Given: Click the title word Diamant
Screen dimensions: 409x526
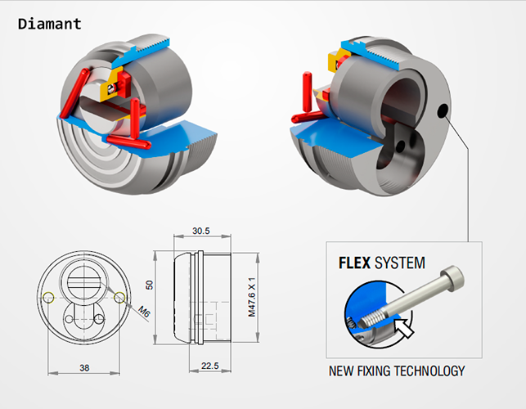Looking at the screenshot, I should tap(50, 24).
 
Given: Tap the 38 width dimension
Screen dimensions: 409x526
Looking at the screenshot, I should tap(85, 367).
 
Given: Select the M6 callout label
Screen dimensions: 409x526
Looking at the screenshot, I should tap(144, 311).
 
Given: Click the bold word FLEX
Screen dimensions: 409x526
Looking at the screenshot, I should tap(355, 263).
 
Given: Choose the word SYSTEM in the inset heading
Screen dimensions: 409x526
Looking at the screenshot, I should tap(400, 263).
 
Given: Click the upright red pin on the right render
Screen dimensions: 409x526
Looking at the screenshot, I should tap(308, 89).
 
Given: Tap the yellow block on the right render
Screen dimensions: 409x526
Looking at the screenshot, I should tap(335, 61).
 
